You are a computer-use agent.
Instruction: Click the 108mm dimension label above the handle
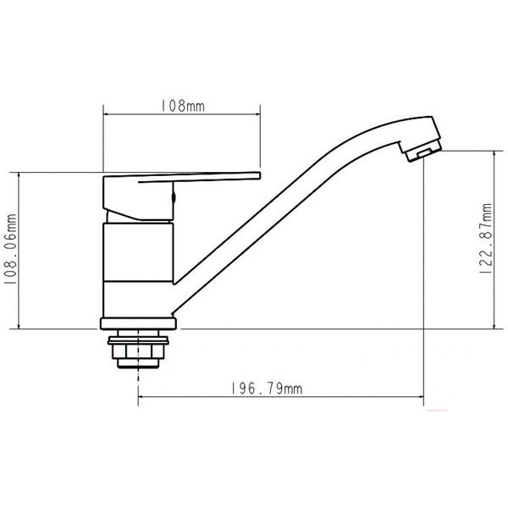click(182, 107)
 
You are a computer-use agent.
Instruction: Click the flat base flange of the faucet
click(139, 323)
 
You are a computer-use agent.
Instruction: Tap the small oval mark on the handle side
click(174, 200)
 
